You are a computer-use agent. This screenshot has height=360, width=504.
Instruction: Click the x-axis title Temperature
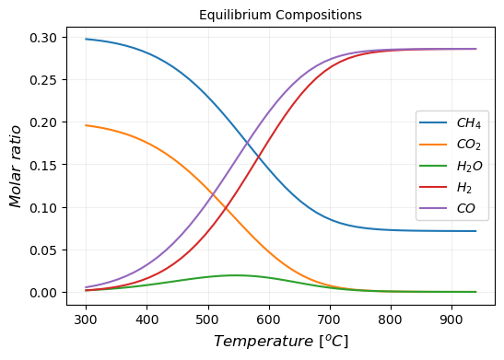point(281,341)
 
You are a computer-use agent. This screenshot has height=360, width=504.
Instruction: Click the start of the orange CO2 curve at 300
point(87,125)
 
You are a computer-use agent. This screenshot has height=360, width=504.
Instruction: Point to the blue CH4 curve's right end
point(475,231)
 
